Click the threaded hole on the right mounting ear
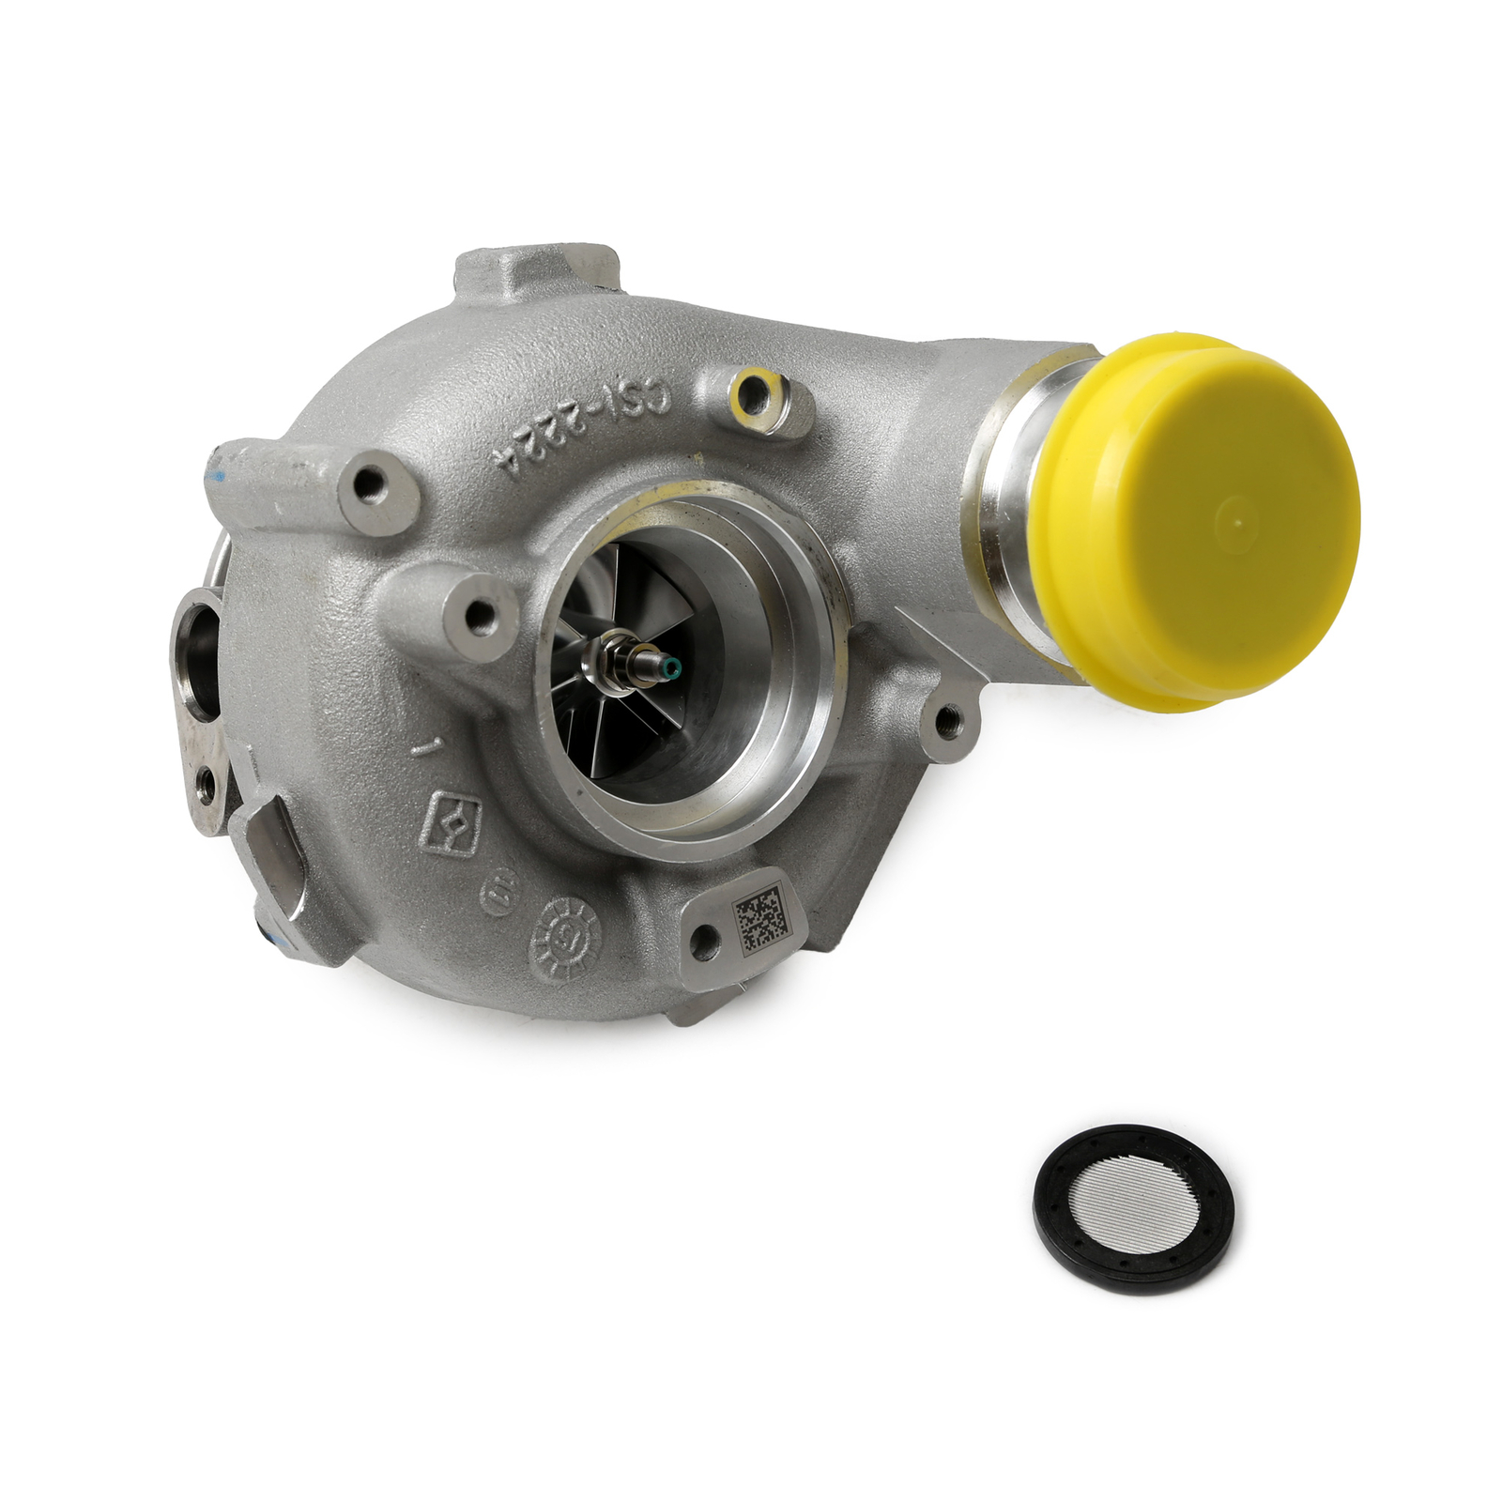click(949, 721)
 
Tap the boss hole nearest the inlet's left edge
click(481, 614)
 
